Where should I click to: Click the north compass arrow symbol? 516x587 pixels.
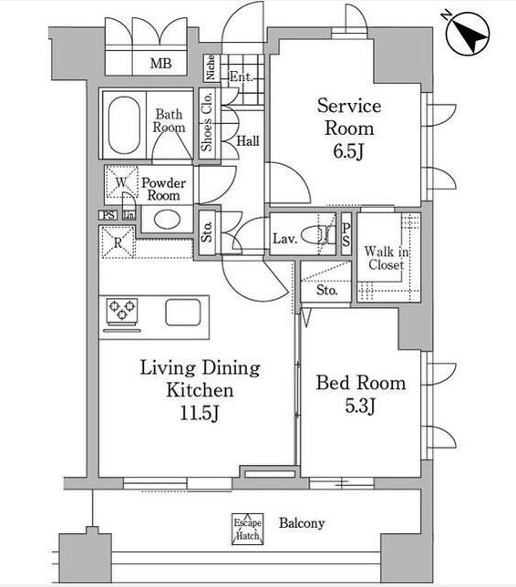point(468,34)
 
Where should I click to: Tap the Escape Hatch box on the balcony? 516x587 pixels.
point(247,529)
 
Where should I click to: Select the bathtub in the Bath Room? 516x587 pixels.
point(124,126)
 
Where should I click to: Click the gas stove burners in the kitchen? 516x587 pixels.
point(122,310)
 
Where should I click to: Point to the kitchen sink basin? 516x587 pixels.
point(183,312)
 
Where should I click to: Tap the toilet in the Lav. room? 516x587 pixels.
point(318,235)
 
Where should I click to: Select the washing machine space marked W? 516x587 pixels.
point(121,182)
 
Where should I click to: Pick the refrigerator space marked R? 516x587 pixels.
point(118,242)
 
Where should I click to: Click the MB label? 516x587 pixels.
point(160,63)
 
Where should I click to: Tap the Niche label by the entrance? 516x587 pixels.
point(211,67)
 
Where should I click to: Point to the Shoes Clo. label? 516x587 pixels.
point(206,121)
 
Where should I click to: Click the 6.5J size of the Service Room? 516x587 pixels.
point(348,152)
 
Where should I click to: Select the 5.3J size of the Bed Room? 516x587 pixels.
point(360,406)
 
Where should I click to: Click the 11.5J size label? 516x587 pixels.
point(200,413)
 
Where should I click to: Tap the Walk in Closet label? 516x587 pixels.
point(387,258)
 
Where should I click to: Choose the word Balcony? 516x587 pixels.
point(302,523)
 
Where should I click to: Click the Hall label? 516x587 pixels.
point(247,140)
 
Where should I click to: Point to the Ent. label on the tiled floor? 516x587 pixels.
point(241,77)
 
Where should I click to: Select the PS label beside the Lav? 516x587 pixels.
point(346,235)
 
